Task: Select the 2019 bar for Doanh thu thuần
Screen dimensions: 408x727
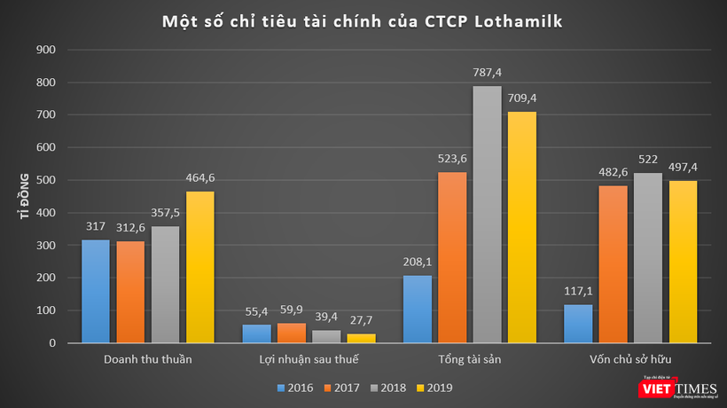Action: [200, 267]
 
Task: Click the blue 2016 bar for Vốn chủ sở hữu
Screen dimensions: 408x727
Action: [578, 324]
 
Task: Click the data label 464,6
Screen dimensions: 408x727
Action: [200, 178]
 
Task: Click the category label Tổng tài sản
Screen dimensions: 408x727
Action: [469, 359]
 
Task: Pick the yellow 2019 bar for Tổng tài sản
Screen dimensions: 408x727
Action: [521, 227]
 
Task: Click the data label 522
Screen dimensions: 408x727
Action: [648, 160]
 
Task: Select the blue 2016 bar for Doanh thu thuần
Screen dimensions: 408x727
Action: [96, 291]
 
